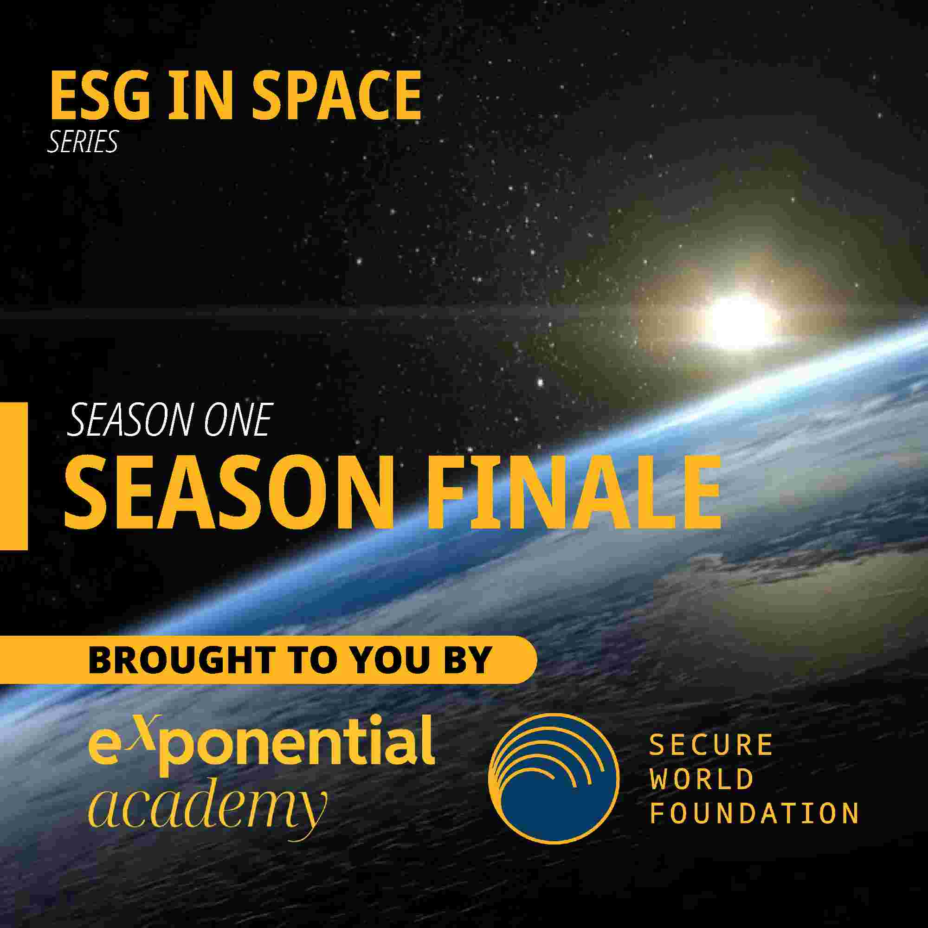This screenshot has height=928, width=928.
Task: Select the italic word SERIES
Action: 82,142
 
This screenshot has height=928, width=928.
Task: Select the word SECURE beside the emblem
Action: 711,745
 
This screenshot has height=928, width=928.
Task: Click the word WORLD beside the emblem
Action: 701,779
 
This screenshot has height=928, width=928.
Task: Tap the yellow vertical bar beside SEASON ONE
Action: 13,476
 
